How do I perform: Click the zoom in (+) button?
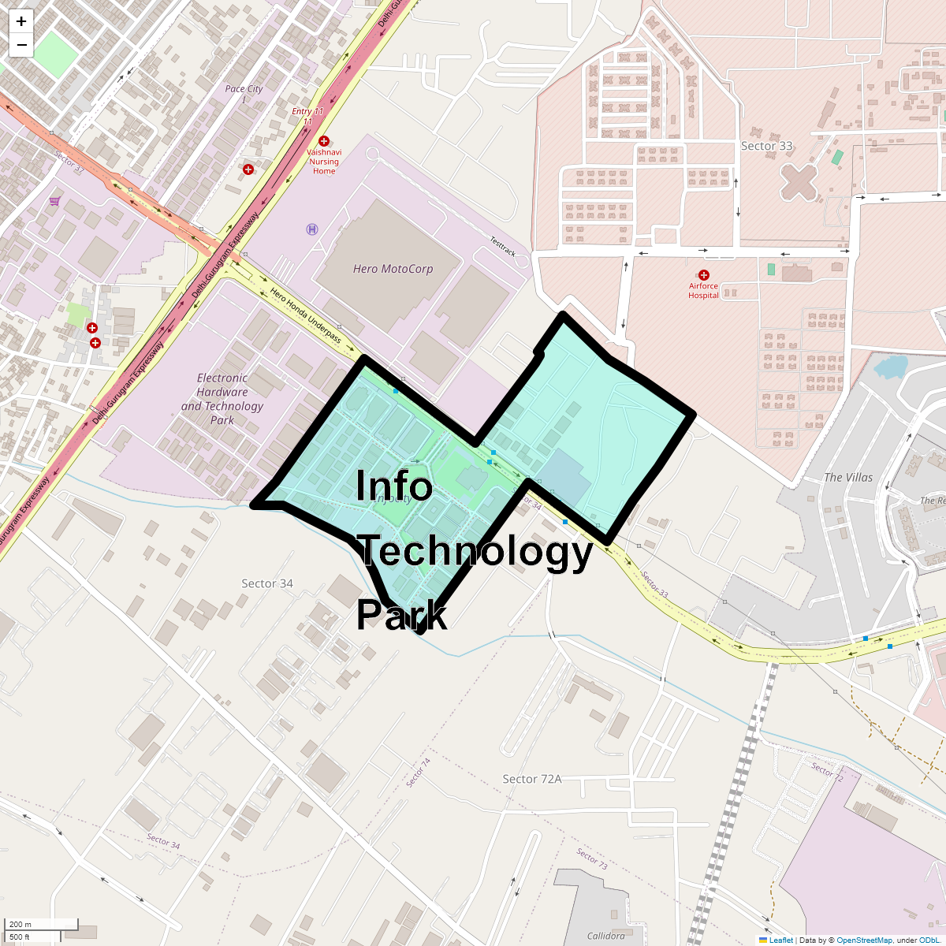(21, 21)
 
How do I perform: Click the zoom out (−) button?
(21, 45)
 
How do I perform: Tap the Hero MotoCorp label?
(393, 269)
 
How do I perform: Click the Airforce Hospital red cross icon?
(704, 275)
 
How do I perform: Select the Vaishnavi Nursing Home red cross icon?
(323, 141)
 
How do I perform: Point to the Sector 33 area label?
(766, 146)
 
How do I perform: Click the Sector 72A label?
(532, 779)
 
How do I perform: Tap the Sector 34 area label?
(267, 583)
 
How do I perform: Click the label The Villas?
(848, 477)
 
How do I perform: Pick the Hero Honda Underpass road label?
(306, 317)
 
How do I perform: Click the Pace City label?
(244, 89)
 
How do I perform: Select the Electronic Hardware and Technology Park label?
(222, 399)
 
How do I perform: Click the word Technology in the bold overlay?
(475, 551)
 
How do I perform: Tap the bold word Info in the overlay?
(394, 486)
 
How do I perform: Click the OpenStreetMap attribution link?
(864, 940)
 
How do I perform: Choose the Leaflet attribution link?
(780, 940)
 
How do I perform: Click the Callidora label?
(606, 936)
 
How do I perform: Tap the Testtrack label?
(502, 246)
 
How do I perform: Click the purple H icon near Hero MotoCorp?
(312, 229)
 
